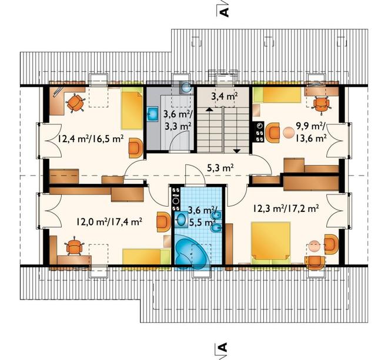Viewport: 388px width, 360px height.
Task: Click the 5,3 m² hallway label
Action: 220,169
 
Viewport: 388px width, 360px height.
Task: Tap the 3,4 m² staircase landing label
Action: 225,96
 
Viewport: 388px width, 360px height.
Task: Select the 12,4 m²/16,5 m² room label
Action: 91,139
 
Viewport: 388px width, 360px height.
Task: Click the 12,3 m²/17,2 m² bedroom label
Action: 286,208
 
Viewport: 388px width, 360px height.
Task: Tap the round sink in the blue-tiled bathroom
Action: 181,219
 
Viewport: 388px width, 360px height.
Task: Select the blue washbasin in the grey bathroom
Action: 153,114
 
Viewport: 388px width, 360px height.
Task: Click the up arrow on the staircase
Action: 209,110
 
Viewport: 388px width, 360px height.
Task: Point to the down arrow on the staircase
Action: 238,150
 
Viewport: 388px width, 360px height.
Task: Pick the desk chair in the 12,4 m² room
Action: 75,103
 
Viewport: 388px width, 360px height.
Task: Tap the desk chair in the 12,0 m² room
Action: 73,246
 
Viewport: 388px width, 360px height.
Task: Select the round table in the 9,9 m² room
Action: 288,132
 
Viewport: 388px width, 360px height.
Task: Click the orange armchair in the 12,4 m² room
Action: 136,147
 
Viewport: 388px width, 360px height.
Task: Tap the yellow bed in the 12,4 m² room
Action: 132,110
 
